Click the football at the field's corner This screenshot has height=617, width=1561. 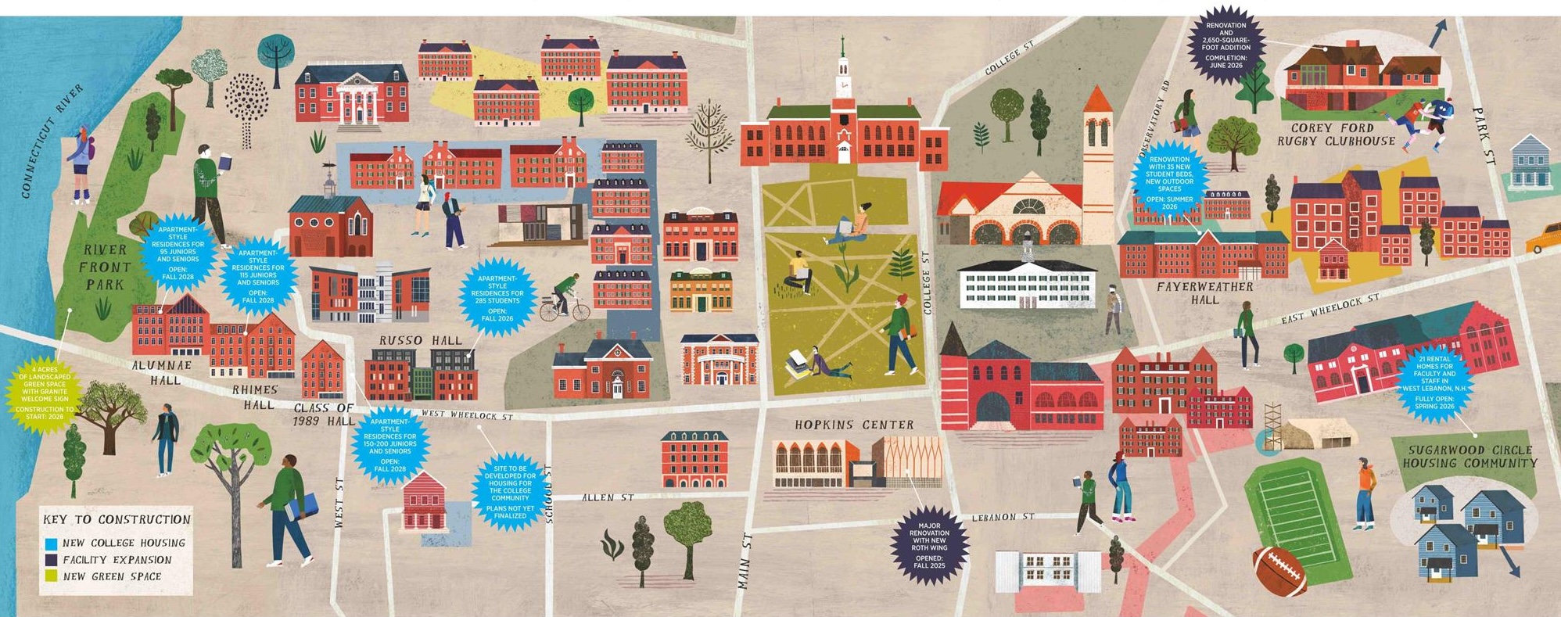pos(1279,572)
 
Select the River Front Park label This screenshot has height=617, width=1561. pos(105,267)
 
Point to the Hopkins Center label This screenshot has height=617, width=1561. pos(854,425)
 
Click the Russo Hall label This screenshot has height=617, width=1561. pos(421,340)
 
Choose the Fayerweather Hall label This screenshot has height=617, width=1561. pos(1204,292)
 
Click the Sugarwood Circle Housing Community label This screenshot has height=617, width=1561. pos(1469,456)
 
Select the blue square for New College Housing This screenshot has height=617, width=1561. pos(51,543)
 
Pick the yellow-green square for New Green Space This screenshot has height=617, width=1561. pos(51,576)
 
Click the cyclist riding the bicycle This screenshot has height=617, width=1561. pos(565,299)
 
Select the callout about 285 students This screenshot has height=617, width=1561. pos(497,296)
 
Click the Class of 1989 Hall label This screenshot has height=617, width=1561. pos(324,414)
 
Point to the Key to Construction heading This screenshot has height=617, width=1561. pos(117,519)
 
